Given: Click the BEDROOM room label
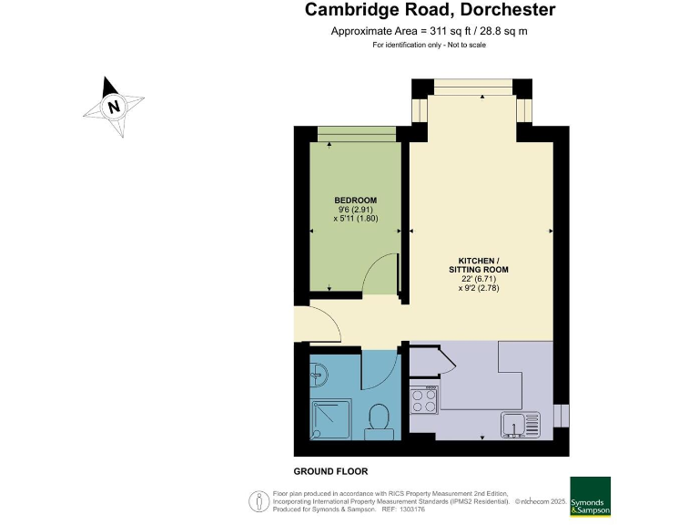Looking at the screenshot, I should coord(355,201).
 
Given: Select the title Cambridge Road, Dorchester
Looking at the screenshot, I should coord(430,11).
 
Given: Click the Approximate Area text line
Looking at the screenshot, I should coord(430,31).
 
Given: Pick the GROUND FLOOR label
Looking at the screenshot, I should coord(330,471).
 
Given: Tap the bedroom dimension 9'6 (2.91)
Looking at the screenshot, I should coord(355,210).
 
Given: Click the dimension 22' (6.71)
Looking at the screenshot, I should coord(479,279).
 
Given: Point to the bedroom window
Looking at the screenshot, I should coord(356,134).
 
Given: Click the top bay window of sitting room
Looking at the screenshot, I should coord(471,87).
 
